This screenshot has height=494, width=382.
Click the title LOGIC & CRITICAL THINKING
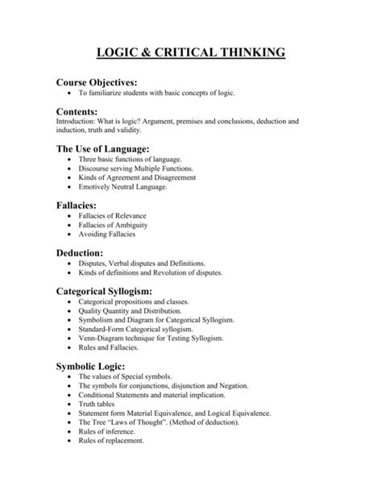[191, 54]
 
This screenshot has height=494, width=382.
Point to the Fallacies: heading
[78, 205]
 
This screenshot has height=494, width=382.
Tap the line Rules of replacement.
[111, 441]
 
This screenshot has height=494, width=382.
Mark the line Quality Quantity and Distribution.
[130, 310]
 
